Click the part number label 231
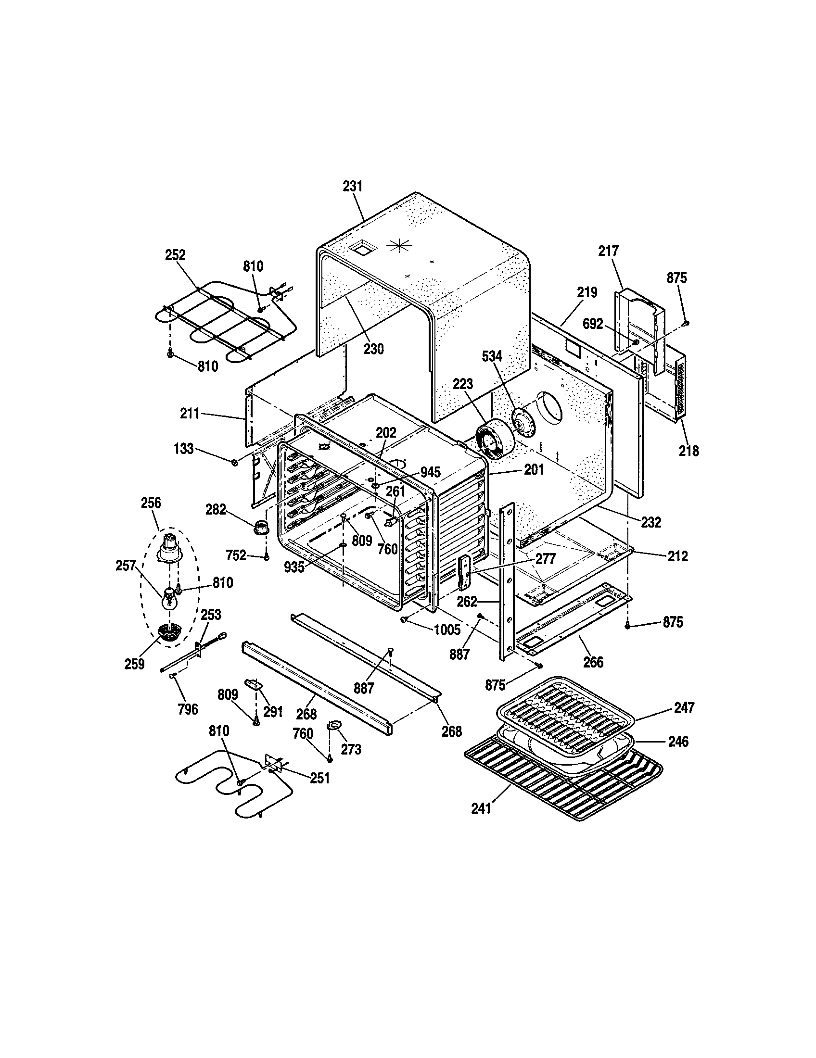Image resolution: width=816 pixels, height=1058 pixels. click(x=353, y=186)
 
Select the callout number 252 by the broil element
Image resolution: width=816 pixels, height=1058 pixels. click(x=175, y=255)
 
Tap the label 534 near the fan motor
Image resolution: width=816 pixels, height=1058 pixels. click(x=492, y=356)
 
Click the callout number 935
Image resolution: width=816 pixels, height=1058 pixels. click(x=294, y=567)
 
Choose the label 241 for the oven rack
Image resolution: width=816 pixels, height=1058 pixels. click(x=481, y=808)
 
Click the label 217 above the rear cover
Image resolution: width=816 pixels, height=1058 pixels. click(x=608, y=251)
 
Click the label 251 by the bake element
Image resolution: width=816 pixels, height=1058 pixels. click(x=320, y=778)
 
